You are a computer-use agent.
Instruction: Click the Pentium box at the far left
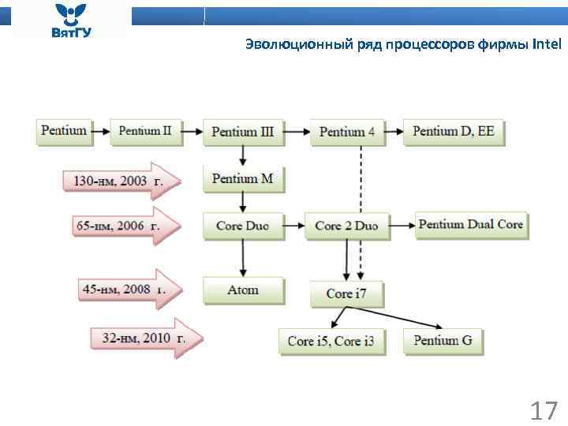coord(64,131)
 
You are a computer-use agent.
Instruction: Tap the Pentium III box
coord(242,132)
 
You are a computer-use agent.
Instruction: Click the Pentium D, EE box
coord(454,132)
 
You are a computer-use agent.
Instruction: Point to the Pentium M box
coord(242,179)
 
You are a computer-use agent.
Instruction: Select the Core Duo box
coord(242,226)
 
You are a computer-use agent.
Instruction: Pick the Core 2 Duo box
coord(346,226)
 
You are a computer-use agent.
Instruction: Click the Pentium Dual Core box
coord(470,225)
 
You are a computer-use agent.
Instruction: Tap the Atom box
coord(242,290)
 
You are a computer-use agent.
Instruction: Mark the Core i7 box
coord(346,293)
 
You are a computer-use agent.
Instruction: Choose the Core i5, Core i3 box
coord(331,342)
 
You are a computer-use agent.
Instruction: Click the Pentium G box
coord(443,341)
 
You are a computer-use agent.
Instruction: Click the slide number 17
coord(543,411)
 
